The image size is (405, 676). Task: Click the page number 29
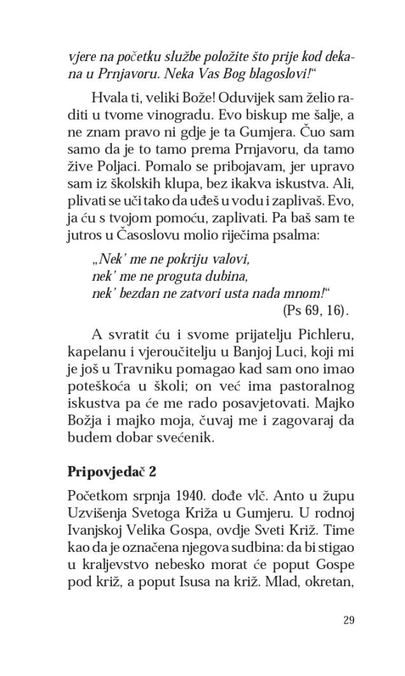tap(348, 621)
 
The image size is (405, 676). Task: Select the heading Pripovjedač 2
tap(112, 472)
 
